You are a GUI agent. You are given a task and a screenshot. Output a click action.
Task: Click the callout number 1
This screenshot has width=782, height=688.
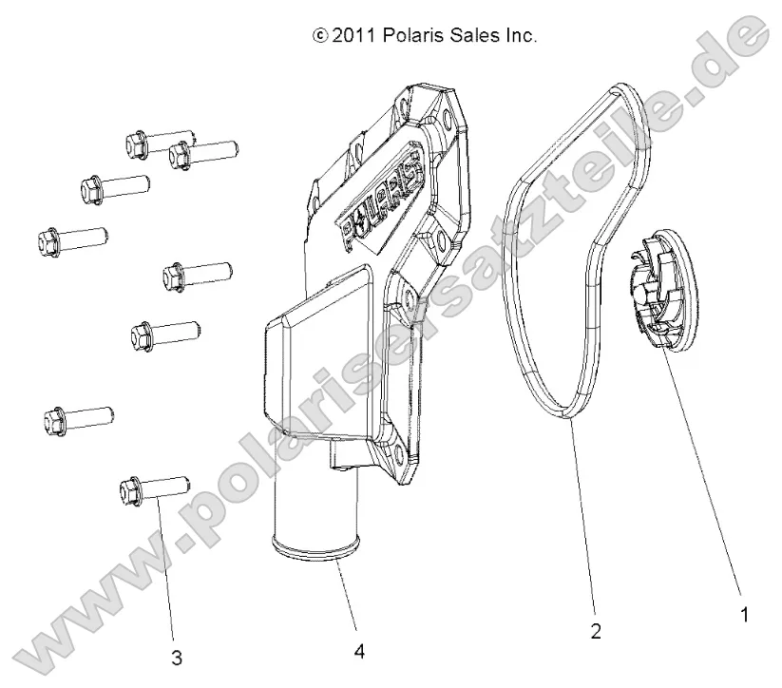(744, 615)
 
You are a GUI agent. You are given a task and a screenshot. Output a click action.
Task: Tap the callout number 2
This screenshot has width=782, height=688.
(596, 631)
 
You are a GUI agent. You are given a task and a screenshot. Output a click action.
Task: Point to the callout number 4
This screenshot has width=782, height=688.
(358, 651)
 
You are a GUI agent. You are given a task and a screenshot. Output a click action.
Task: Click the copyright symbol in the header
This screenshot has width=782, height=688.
(319, 37)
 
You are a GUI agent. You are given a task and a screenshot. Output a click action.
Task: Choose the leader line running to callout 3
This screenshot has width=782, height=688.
(165, 570)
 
